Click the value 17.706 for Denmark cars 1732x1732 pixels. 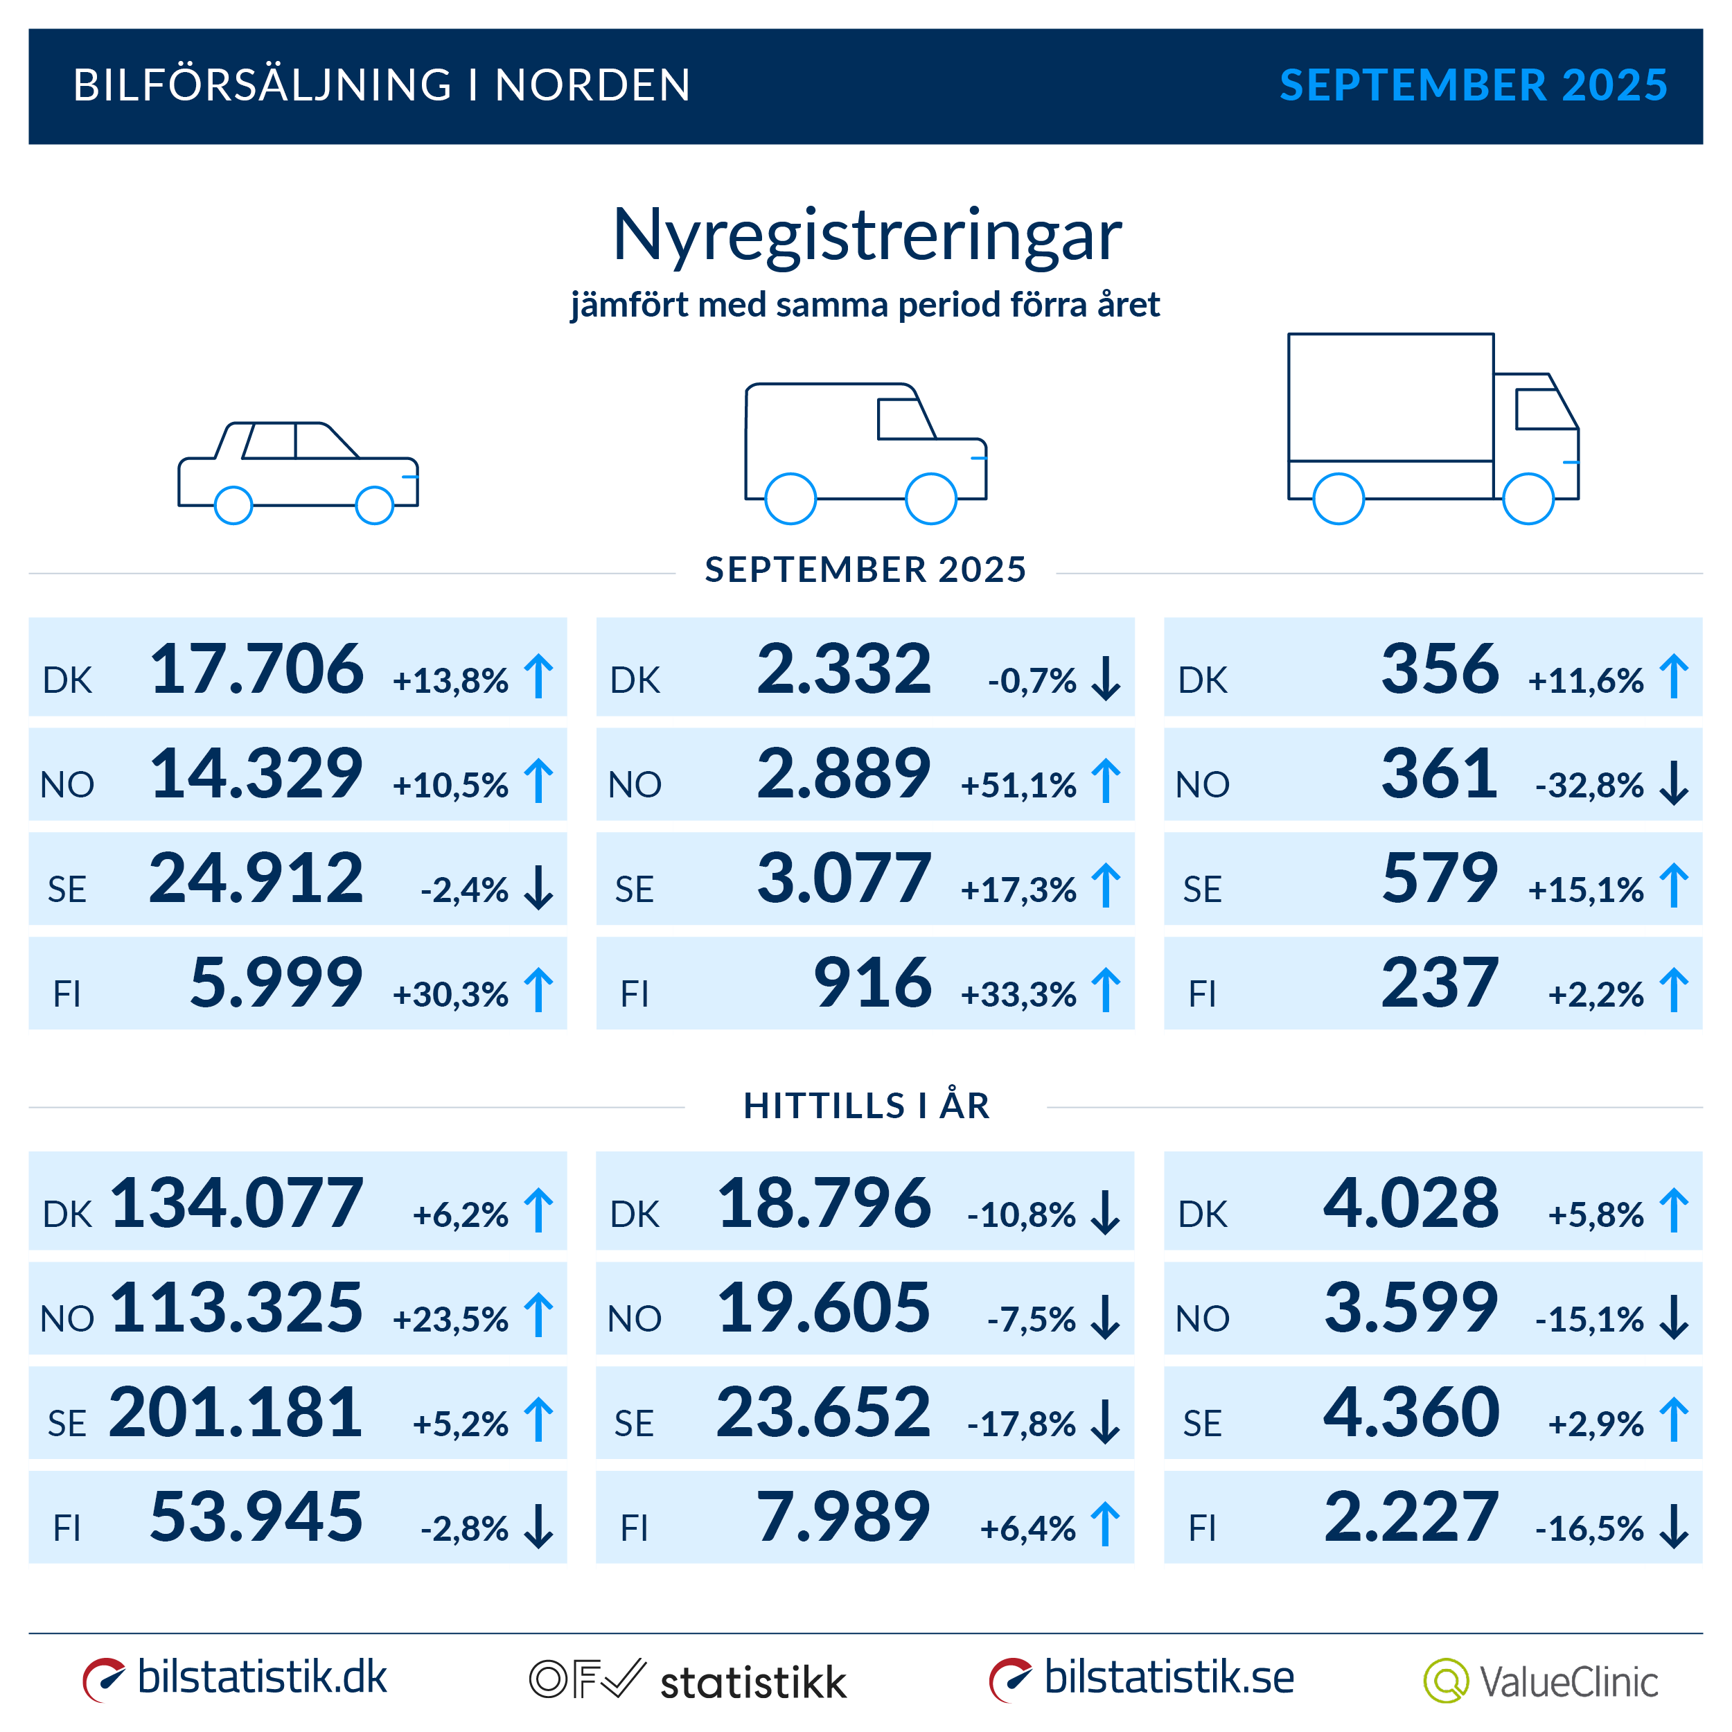[256, 670]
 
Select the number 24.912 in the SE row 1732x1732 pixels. [256, 878]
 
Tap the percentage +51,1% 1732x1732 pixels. [1018, 786]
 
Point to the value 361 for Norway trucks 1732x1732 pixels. [1439, 774]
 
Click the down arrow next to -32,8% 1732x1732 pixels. [1673, 783]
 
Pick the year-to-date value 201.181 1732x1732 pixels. [236, 1413]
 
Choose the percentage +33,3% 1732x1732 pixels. [1018, 995]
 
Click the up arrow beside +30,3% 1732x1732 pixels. [539, 990]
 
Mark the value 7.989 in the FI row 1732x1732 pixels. [844, 1517]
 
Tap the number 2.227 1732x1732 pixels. [1411, 1517]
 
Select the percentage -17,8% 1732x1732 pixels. [1021, 1424]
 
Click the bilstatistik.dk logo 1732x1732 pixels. [235, 1678]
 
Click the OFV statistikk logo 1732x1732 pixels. [687, 1681]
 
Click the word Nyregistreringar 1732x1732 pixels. [866, 235]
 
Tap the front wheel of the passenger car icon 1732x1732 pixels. [375, 506]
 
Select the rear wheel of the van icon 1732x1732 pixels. [790, 498]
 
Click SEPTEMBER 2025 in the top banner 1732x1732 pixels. [1473, 86]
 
